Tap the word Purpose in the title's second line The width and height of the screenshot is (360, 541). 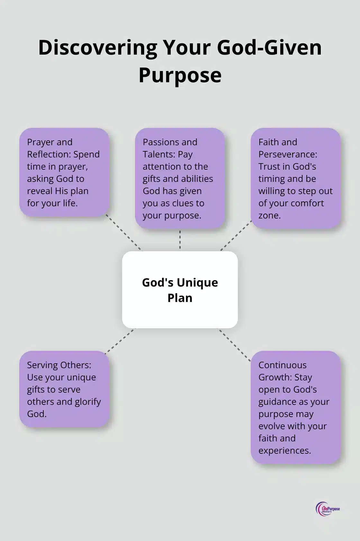tap(180, 75)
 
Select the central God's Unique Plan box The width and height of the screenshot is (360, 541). tap(180, 289)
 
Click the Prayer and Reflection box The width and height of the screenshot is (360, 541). tap(64, 172)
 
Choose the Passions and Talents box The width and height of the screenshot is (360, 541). tap(180, 178)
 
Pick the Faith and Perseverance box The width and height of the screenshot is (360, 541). tap(295, 178)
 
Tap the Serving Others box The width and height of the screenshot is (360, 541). tap(64, 389)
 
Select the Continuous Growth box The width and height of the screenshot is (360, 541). tap(295, 407)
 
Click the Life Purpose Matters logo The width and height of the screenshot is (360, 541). tap(328, 509)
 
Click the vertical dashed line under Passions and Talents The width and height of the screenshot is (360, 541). tap(180, 240)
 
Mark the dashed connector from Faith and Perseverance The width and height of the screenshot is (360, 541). tap(236, 235)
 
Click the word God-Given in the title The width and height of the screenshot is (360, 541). tap(269, 48)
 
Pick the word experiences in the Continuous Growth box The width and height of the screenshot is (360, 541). tap(284, 450)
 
